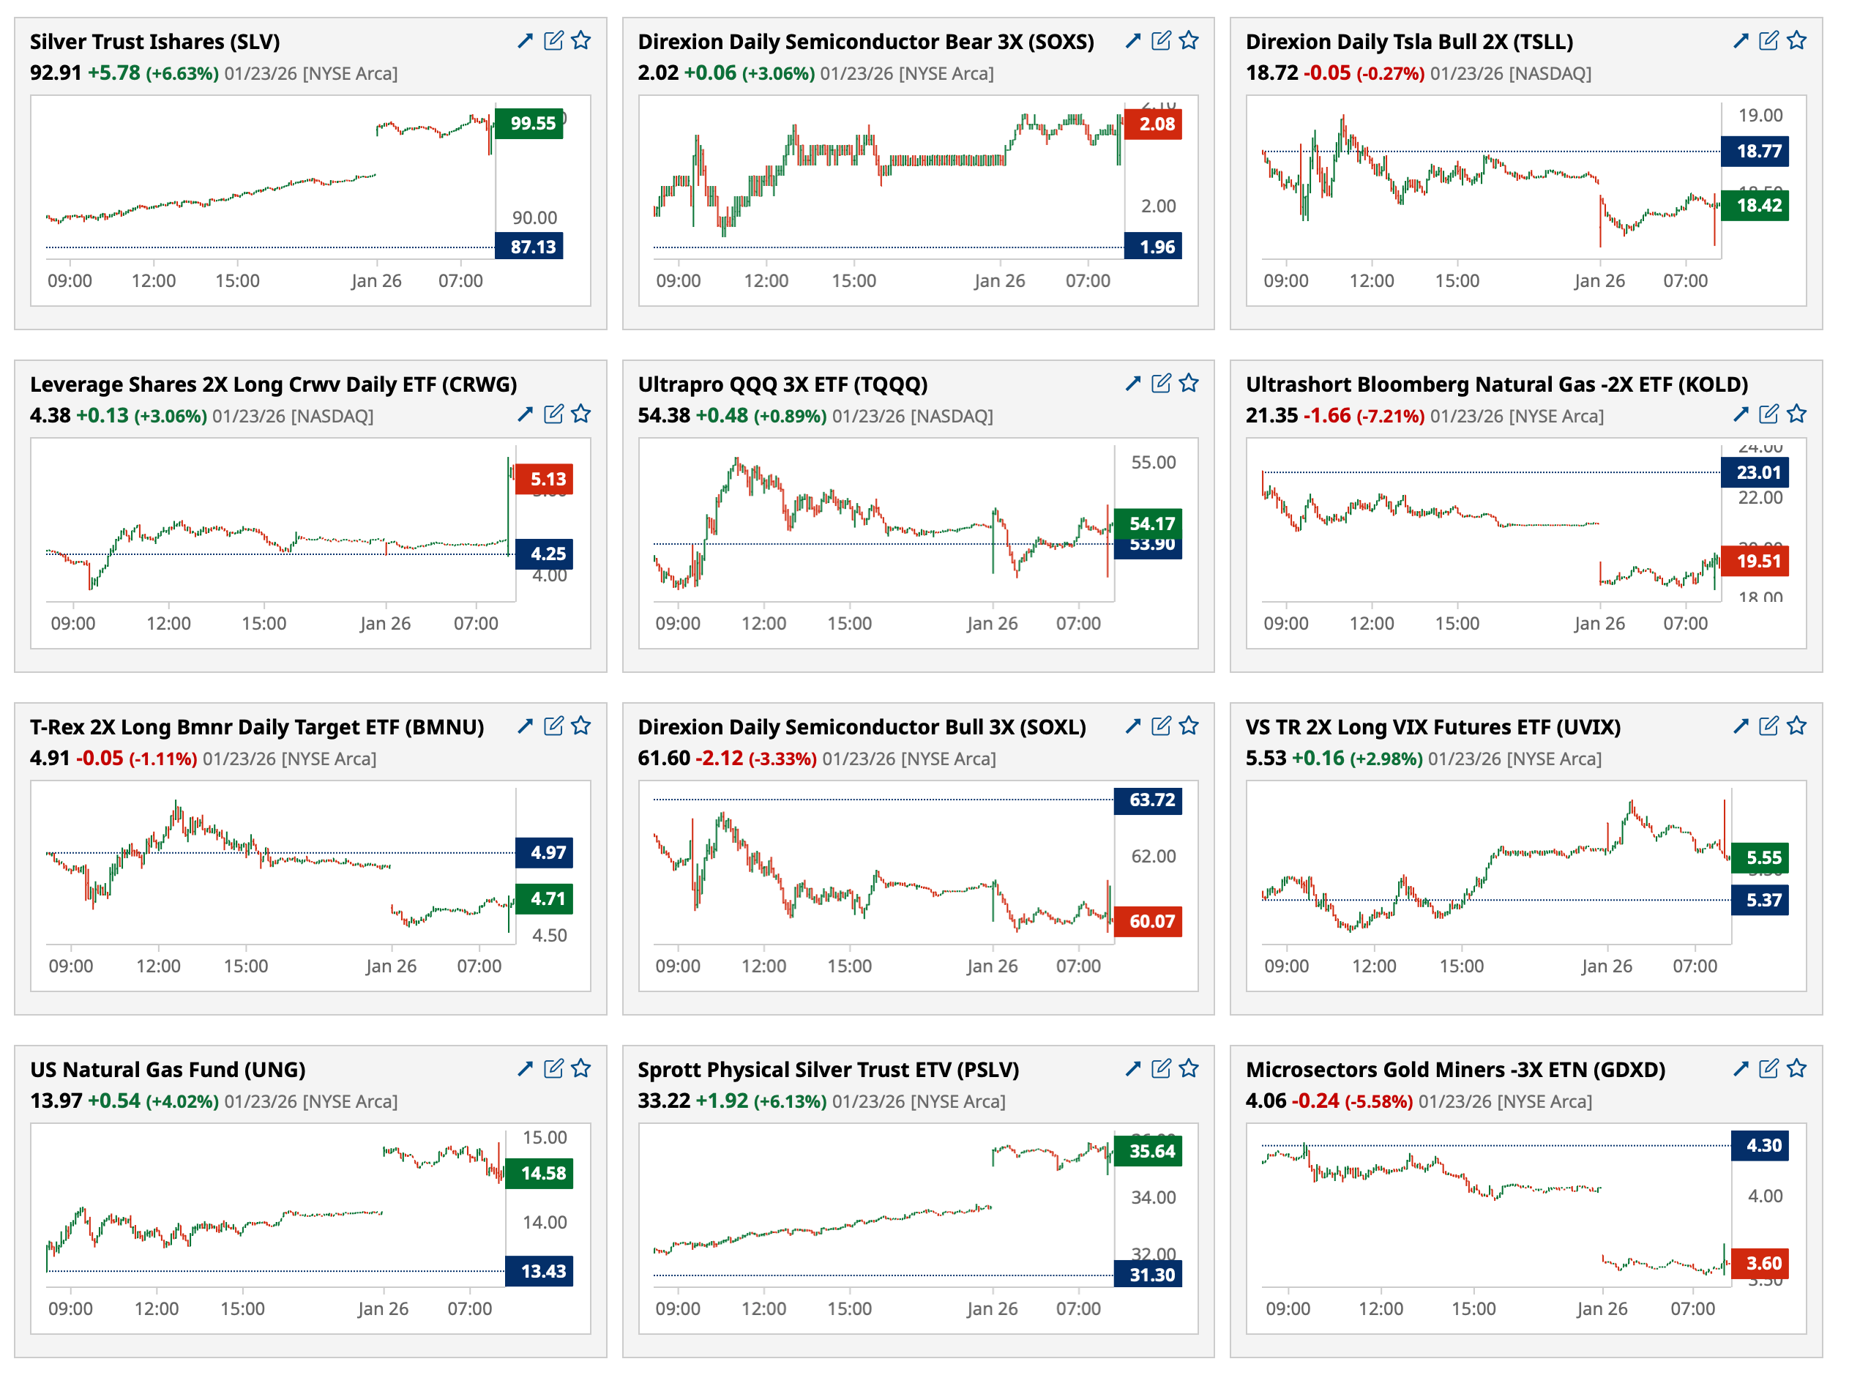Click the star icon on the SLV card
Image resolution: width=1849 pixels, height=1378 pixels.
coord(581,40)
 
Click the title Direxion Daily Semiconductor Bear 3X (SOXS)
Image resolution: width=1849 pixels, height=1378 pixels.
coord(865,42)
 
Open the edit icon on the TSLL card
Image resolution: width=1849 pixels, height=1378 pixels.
coord(1767,40)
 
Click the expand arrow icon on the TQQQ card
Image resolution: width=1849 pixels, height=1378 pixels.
coord(1132,383)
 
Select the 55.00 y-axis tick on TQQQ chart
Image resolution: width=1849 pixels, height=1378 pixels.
coord(1153,462)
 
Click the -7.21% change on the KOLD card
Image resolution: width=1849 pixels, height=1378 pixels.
coord(1390,416)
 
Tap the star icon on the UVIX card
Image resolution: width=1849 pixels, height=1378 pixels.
coord(1796,726)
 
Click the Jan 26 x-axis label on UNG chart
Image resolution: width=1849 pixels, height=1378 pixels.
coord(383,1308)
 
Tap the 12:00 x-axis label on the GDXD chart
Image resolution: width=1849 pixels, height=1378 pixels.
coord(1381,1308)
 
